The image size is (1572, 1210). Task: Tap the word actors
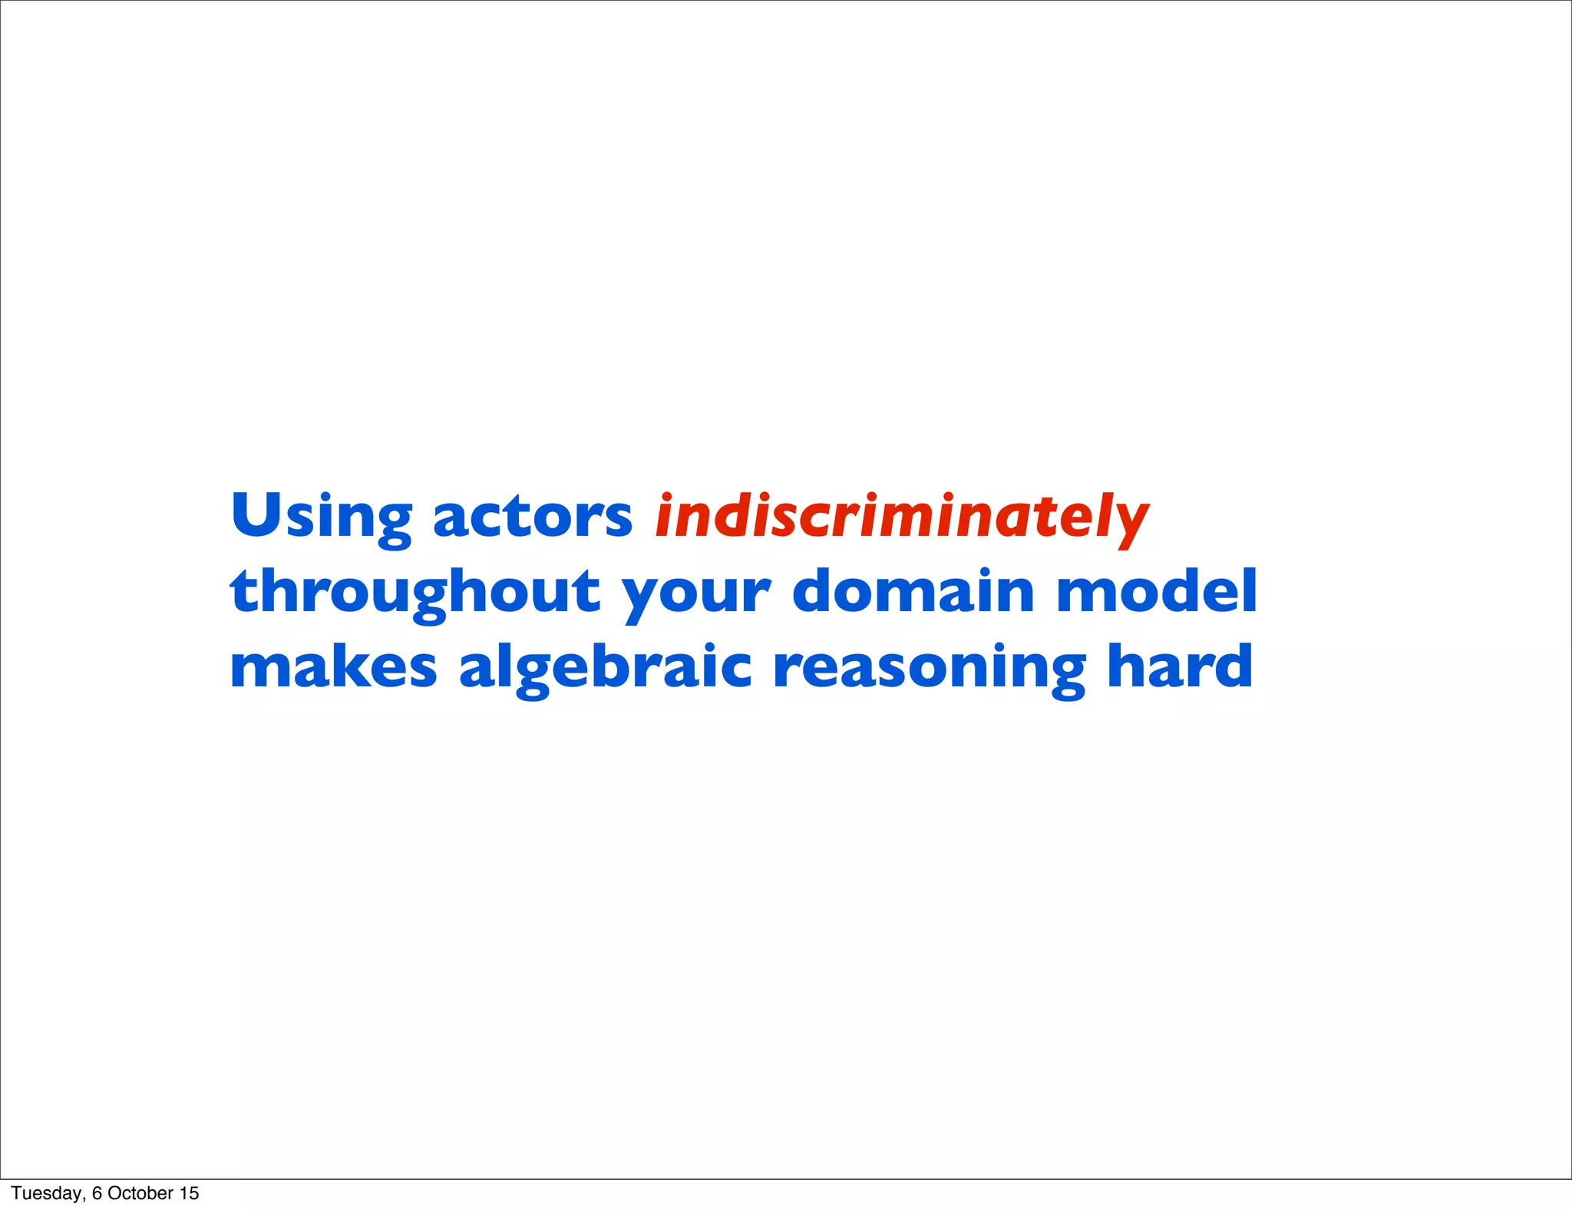[x=532, y=516]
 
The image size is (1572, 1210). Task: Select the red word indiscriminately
[x=901, y=517]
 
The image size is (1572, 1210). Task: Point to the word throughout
[x=414, y=592]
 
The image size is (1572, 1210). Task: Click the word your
[x=695, y=595]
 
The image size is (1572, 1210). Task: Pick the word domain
[x=913, y=590]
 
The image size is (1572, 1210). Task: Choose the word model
[x=1156, y=590]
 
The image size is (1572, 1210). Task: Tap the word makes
[x=333, y=666]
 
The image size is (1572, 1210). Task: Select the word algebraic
[x=605, y=667]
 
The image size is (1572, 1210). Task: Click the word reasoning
[x=929, y=667]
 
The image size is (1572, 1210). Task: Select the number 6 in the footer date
[x=97, y=1193]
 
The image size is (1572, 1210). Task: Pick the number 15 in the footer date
[x=189, y=1193]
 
